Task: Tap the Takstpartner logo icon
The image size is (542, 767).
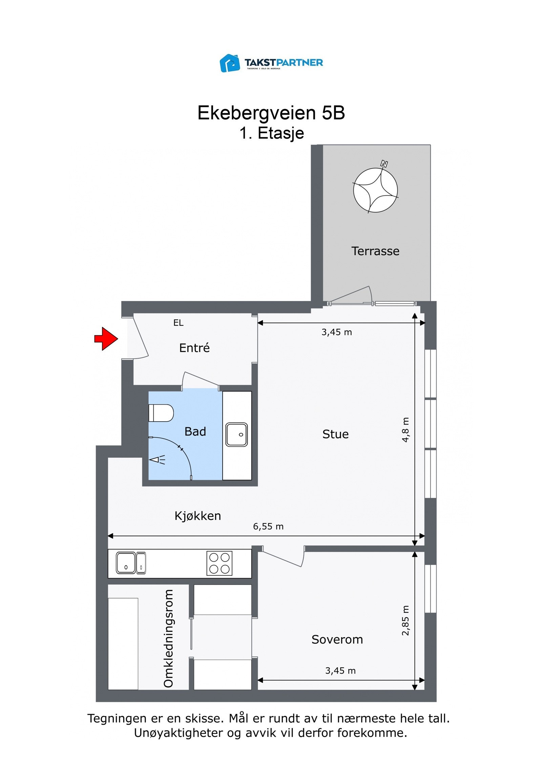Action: [230, 63]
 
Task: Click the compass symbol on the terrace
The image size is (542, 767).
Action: [375, 190]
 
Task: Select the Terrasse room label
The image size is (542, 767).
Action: [375, 251]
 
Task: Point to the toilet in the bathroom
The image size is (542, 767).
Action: [161, 413]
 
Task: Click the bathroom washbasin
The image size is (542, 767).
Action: [236, 434]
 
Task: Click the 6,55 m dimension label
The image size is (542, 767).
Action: [268, 526]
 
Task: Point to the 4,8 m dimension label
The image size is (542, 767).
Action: [405, 429]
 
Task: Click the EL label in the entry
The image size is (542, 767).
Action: [178, 323]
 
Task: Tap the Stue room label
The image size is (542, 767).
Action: [335, 434]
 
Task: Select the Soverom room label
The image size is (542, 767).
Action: [337, 640]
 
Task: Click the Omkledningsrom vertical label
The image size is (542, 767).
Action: [168, 638]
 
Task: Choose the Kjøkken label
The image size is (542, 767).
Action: [197, 516]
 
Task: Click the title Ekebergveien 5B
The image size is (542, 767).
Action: [271, 113]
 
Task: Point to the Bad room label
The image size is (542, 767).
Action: [195, 431]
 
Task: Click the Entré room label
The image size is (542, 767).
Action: [194, 348]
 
